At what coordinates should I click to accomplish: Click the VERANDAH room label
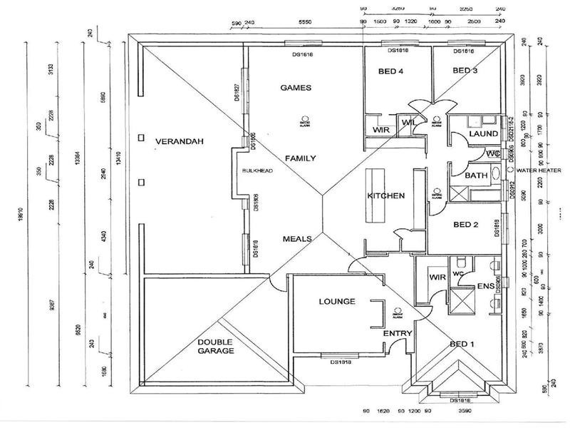tap(180, 142)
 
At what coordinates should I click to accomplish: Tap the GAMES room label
tap(296, 88)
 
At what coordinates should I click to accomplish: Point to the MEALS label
tap(297, 239)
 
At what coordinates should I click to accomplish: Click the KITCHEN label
tap(385, 196)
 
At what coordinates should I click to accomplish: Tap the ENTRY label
tap(398, 334)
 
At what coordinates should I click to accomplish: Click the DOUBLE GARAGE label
tap(217, 346)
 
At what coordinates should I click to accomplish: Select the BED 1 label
tap(462, 345)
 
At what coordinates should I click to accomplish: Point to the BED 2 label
tap(467, 225)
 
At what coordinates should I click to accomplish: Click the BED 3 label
tap(465, 71)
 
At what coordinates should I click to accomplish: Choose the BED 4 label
tap(390, 71)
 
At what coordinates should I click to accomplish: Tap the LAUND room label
tap(483, 134)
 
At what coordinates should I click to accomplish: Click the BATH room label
tap(475, 175)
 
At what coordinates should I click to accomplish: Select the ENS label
tap(486, 287)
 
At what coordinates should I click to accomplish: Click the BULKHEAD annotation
tap(253, 171)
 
